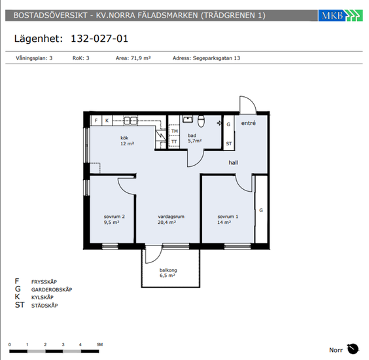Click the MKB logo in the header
[340, 16]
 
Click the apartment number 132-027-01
[99, 39]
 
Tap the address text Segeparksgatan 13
[217, 58]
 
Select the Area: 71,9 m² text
[133, 58]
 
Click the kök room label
[124, 137]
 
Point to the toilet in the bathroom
[201, 121]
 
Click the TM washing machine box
[175, 131]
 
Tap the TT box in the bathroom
[174, 142]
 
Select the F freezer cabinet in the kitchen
[96, 120]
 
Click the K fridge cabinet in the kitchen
[107, 120]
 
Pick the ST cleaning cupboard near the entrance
[229, 143]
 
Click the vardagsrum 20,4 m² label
[171, 219]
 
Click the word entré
[248, 123]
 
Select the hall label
[233, 162]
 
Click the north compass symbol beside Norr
[353, 349]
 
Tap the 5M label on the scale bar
[100, 344]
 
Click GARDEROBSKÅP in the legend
[52, 289]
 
